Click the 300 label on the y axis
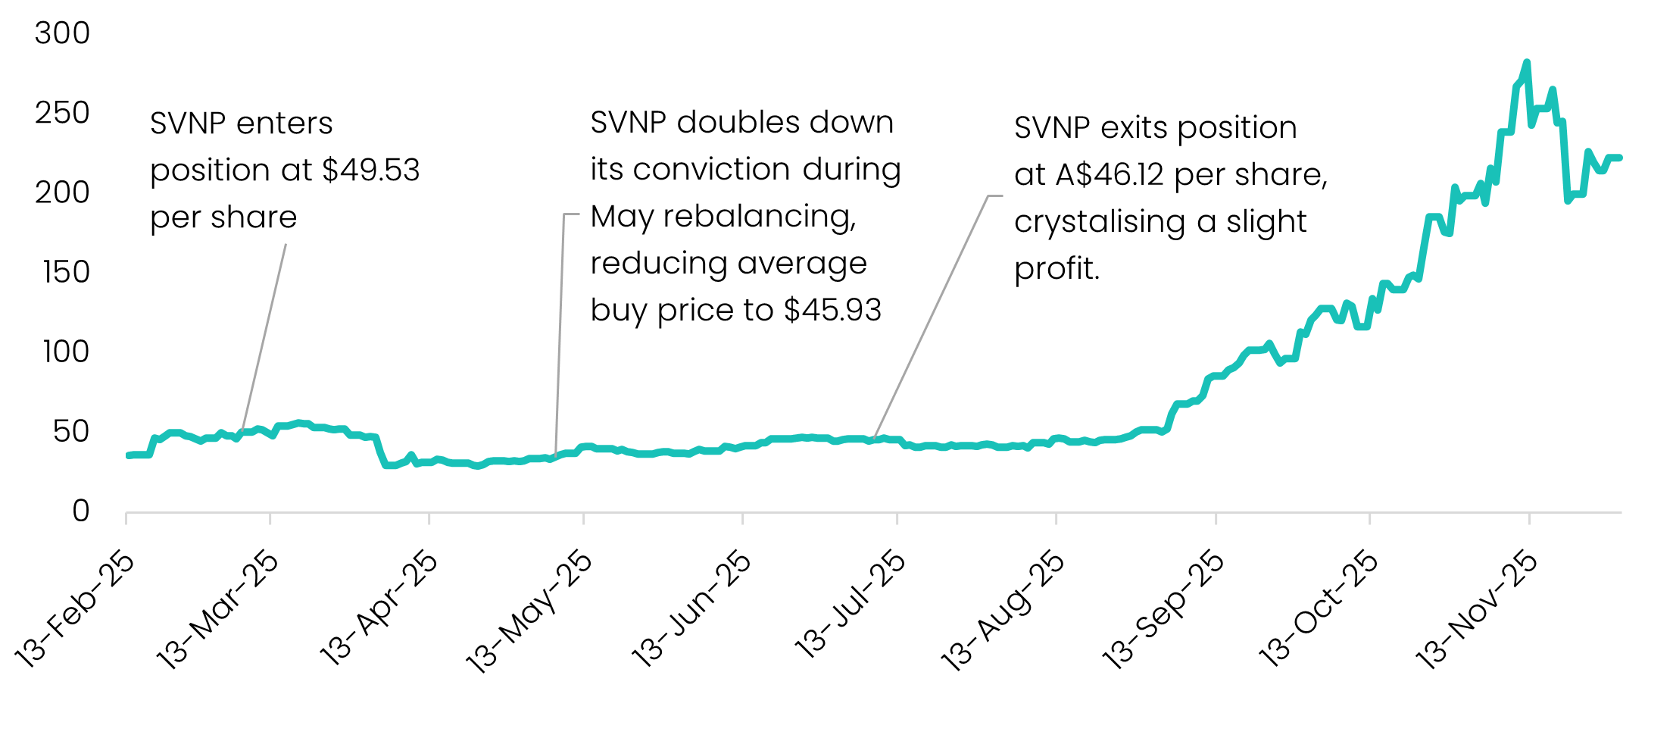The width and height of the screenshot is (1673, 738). coord(62,33)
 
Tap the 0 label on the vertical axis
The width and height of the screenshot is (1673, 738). coord(80,511)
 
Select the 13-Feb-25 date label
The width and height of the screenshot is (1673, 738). coord(75,611)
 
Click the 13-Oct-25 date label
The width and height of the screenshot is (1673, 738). coord(1318,611)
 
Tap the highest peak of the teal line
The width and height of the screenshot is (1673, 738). coord(1526,64)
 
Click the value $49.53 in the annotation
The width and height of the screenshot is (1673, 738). coord(370,170)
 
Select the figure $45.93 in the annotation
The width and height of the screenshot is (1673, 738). coord(832,311)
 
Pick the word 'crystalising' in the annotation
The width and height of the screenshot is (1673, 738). coord(1099,222)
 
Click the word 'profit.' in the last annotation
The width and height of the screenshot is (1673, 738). coord(1057,269)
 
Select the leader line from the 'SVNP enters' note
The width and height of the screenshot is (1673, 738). coord(264,336)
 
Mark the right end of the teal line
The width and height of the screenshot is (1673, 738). coord(1619,158)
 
